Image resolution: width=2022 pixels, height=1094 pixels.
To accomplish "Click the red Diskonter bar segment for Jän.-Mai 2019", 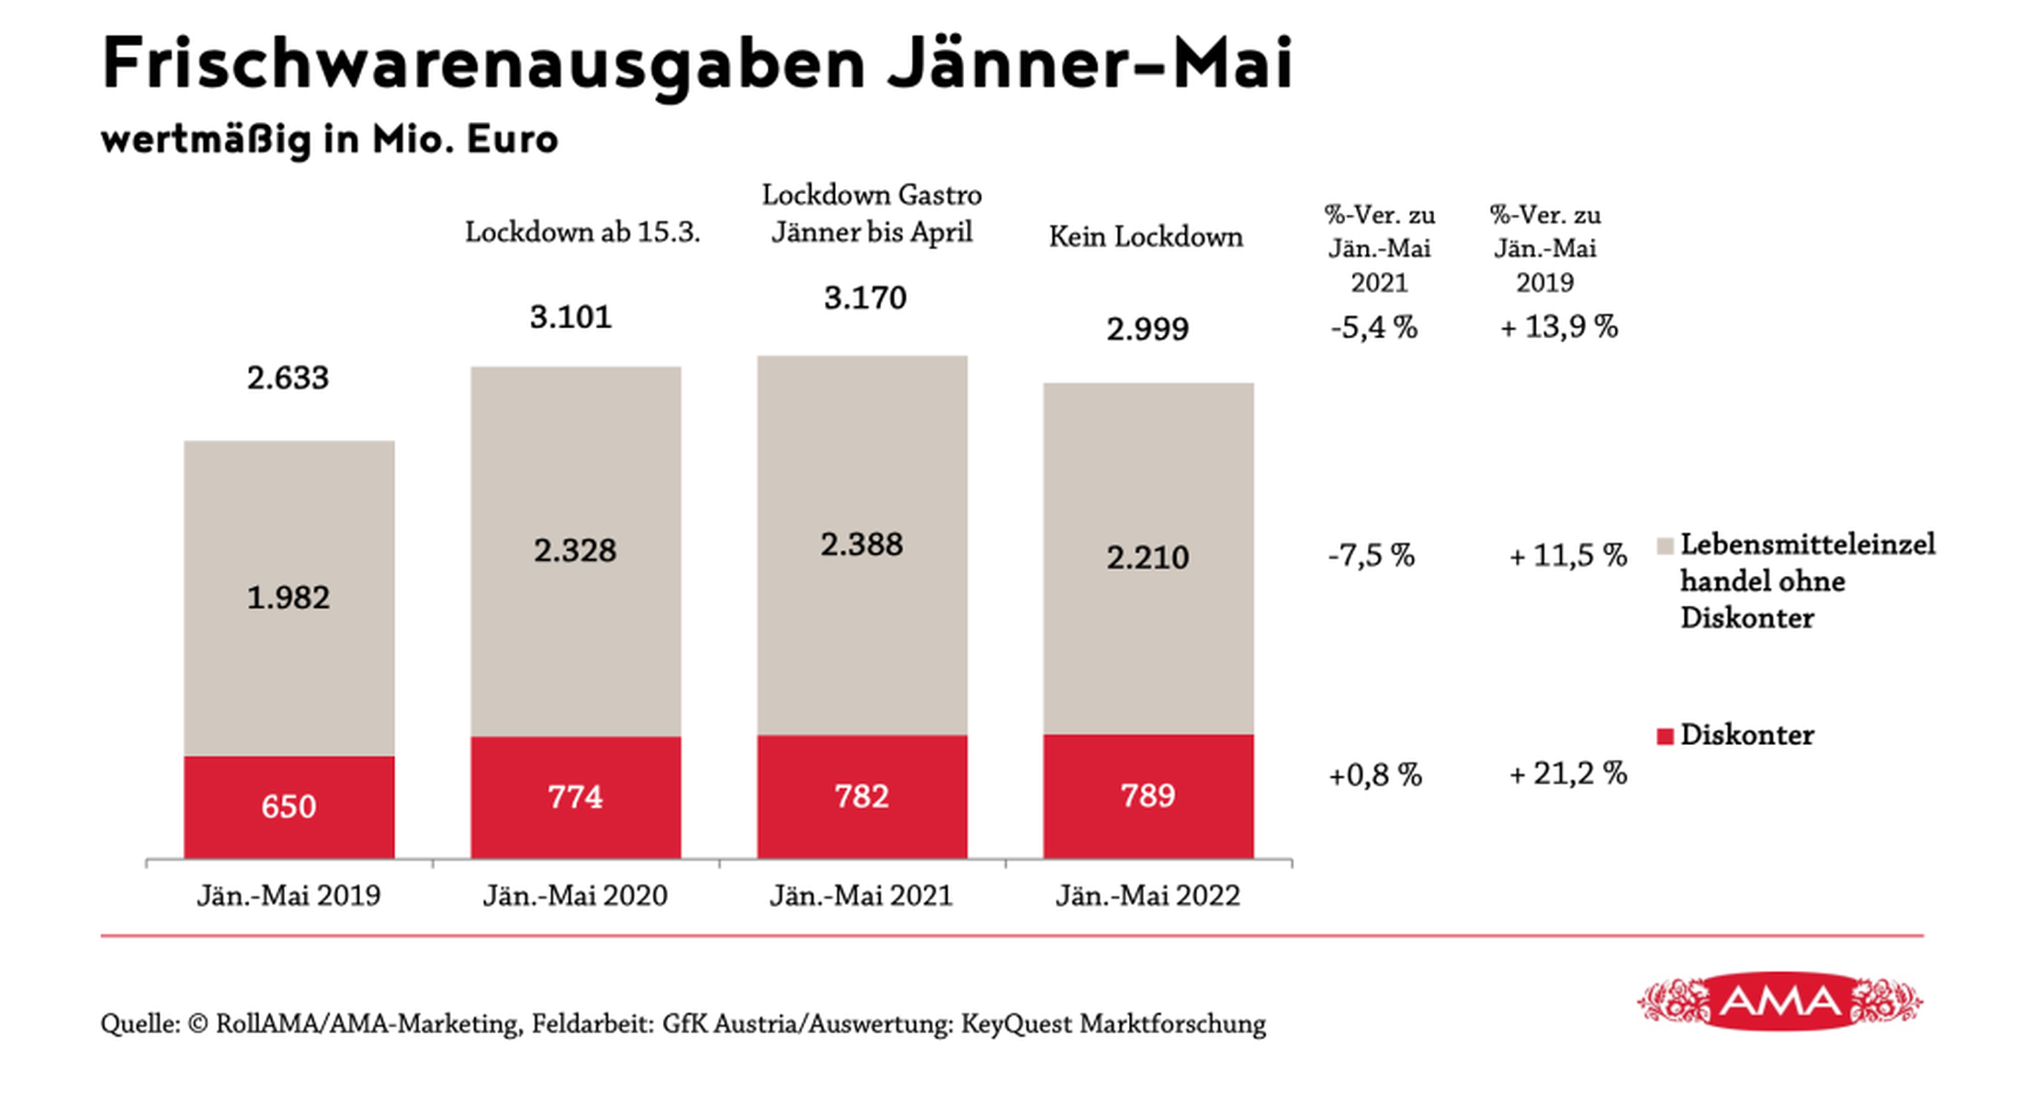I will [x=289, y=807].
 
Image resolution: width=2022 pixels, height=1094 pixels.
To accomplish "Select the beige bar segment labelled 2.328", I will [x=575, y=550].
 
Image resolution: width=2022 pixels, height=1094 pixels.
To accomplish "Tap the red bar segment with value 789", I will [x=1148, y=796].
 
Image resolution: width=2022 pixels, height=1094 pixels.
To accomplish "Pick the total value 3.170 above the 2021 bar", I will [x=865, y=298].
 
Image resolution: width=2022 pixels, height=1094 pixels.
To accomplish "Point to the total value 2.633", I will [x=288, y=378].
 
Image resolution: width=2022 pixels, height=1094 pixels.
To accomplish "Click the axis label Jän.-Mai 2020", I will [x=575, y=895].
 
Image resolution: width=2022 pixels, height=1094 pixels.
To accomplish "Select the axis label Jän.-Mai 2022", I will [x=1148, y=895].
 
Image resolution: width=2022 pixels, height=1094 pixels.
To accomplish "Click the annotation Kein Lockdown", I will [x=1146, y=237].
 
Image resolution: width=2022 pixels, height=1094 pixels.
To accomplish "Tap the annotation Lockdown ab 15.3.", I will [x=583, y=232].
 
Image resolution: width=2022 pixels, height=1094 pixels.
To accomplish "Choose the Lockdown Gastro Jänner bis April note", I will [x=871, y=213].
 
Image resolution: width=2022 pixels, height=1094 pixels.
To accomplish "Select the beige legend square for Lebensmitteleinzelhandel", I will [x=1665, y=546].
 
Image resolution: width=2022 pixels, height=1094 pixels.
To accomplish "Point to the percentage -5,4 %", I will [x=1374, y=327].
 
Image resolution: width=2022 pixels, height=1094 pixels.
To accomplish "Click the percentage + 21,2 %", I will [x=1568, y=774].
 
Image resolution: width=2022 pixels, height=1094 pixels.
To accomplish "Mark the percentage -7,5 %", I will [x=1371, y=556].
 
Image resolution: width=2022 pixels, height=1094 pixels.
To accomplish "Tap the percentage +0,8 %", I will [x=1374, y=775].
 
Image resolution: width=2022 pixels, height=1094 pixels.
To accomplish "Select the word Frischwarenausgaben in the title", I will [x=482, y=65].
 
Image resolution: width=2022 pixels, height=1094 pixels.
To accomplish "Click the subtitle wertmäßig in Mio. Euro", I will [x=330, y=140].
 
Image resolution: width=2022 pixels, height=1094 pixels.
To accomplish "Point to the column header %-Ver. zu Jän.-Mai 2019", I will [x=1545, y=248].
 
